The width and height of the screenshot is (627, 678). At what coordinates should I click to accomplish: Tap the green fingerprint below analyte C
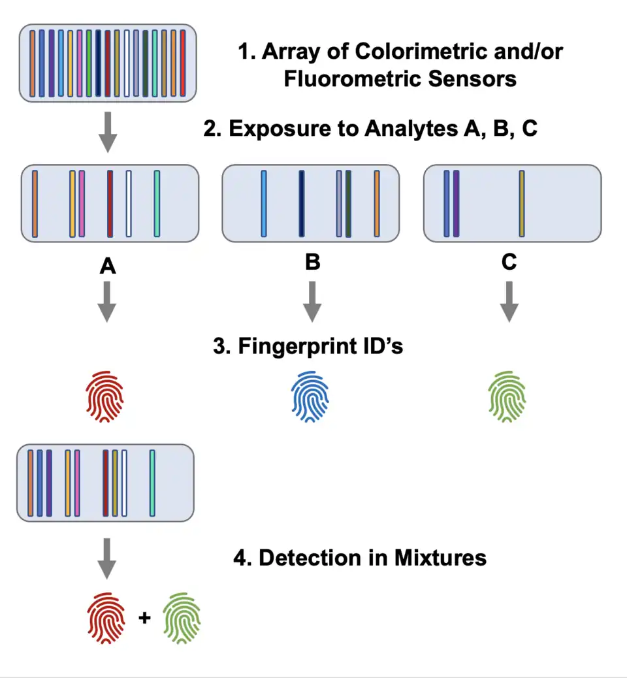[507, 398]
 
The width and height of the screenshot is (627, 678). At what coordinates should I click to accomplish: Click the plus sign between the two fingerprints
[145, 617]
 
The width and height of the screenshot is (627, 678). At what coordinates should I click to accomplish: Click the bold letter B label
[312, 263]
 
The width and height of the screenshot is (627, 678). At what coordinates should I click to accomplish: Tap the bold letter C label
[509, 263]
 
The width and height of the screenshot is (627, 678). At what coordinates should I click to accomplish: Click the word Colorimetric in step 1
[392, 52]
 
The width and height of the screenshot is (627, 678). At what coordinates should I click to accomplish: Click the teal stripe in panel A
[157, 202]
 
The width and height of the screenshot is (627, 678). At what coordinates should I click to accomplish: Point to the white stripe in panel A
[129, 202]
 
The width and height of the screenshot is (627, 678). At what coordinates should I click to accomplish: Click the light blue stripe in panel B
[264, 202]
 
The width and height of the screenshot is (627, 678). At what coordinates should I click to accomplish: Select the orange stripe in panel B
[377, 202]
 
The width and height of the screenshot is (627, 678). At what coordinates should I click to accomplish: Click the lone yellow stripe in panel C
[522, 202]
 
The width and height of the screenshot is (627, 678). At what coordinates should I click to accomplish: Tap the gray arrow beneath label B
[312, 301]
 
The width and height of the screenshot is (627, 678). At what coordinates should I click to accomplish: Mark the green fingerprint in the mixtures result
[182, 617]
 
